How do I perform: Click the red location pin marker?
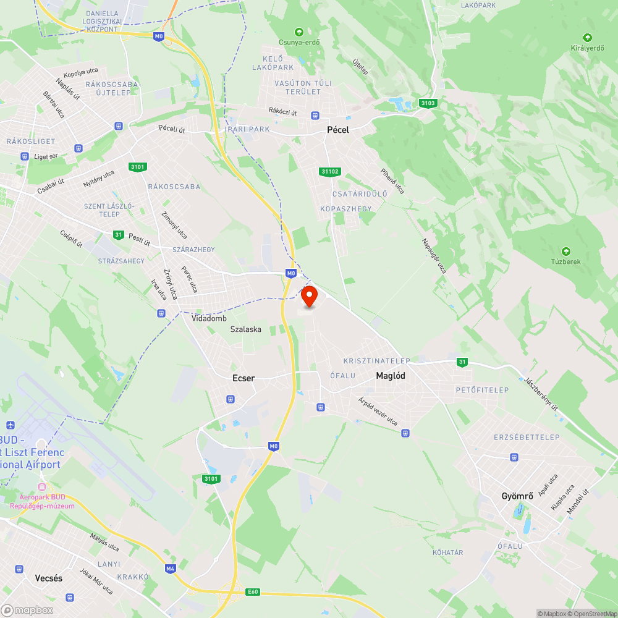coord(309,295)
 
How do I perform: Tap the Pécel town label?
coord(338,130)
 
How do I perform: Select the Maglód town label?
coord(391,375)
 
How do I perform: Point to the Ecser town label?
coord(243,378)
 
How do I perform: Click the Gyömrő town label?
coord(517,496)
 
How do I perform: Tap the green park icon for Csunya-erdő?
coord(299,32)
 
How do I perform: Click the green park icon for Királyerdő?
coord(587,37)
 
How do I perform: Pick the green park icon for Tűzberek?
coord(565,251)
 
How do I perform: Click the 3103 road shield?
coord(427,103)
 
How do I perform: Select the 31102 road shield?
coord(331,171)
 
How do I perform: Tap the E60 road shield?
coord(252,592)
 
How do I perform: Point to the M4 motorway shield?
coord(171,568)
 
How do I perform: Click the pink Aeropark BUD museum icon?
coord(42,486)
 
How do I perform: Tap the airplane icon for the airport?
coord(10,425)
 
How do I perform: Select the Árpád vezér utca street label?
coord(378,411)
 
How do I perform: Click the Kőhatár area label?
coord(448,552)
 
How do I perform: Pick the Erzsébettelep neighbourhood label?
coord(527,437)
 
